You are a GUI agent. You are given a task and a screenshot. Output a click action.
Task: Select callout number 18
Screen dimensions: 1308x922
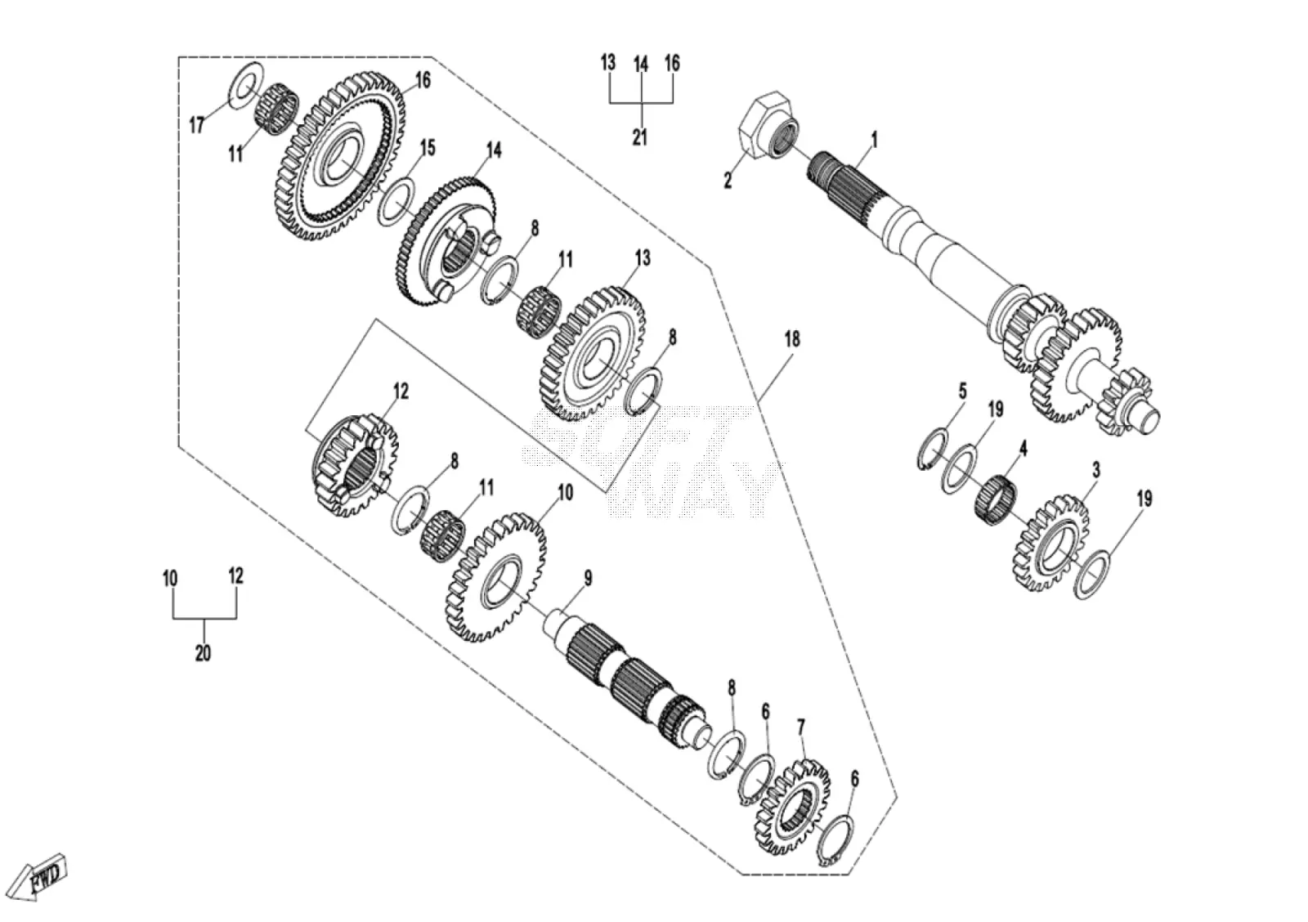pos(792,339)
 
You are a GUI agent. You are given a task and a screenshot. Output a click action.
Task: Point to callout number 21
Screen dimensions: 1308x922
pos(641,137)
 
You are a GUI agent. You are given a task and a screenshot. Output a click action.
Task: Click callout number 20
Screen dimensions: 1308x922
pos(204,653)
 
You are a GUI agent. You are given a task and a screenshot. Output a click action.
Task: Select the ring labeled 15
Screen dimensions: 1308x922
pos(397,202)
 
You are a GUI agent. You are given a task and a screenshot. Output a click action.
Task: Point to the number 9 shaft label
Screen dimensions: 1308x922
pos(588,579)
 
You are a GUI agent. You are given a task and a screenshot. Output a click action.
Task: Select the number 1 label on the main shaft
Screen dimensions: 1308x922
pos(874,140)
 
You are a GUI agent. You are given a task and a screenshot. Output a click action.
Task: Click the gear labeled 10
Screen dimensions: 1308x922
pos(496,578)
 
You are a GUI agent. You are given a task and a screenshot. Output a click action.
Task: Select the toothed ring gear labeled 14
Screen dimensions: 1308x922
pos(445,240)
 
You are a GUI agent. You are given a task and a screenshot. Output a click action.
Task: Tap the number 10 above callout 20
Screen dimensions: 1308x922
pos(169,579)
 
